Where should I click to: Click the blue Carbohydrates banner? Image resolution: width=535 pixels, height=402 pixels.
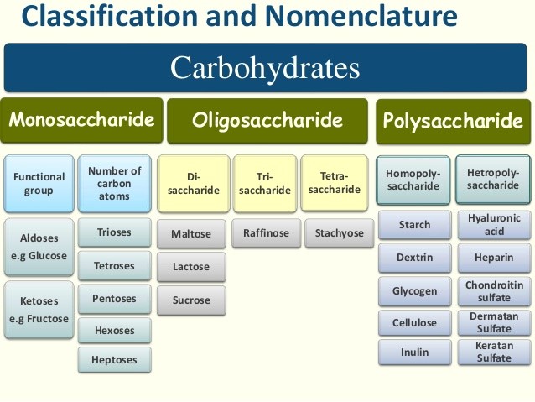[265, 68]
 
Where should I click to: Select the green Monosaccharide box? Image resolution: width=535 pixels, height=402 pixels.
[82, 120]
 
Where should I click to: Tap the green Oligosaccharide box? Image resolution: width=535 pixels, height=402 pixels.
[267, 121]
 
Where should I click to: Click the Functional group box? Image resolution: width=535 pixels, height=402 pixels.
[39, 183]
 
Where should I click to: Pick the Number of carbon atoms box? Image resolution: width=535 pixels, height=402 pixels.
[114, 183]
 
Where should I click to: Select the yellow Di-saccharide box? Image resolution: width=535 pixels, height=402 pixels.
[192, 183]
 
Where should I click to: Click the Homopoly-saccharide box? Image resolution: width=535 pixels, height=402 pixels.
[413, 180]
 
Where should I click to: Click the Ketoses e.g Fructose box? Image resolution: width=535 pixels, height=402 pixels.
[39, 310]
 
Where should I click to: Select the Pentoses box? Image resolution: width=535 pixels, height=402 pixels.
[114, 298]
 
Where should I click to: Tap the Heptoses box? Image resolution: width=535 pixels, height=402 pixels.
[114, 359]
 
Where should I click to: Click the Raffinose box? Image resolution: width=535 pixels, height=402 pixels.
[265, 232]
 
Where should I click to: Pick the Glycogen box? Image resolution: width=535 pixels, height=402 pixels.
[414, 291]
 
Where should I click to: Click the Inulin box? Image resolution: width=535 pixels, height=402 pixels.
[414, 352]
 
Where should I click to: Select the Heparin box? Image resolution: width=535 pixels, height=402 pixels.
[494, 257]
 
